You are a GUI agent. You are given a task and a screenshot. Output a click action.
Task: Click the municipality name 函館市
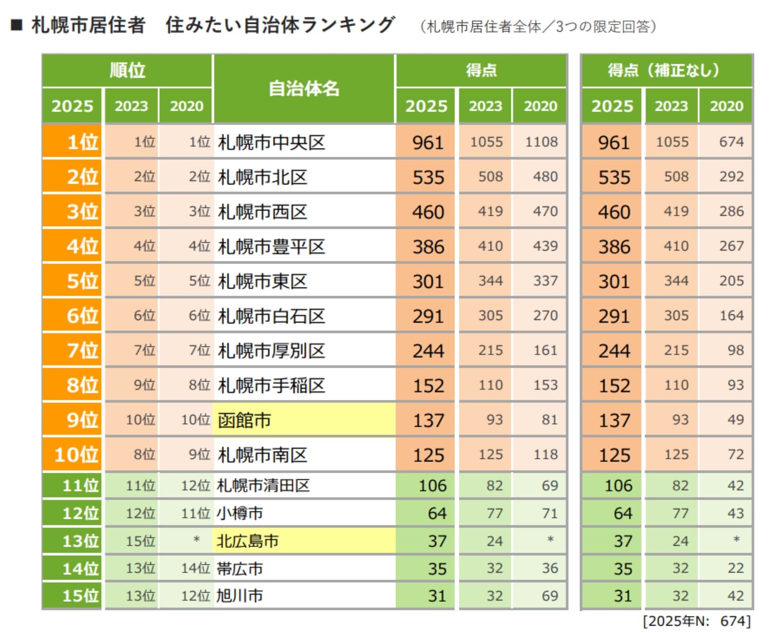[244, 420]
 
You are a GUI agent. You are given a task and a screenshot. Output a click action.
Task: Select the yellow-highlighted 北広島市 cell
[303, 540]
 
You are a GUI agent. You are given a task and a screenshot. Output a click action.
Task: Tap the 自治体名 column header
[304, 89]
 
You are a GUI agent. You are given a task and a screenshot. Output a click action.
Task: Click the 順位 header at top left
[127, 70]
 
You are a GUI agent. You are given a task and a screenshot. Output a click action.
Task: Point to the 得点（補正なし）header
[666, 70]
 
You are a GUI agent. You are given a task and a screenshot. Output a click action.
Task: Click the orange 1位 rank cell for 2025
[72, 142]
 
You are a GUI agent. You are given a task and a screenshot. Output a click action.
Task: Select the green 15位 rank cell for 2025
[72, 596]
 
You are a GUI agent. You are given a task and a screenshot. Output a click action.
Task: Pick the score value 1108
[541, 142]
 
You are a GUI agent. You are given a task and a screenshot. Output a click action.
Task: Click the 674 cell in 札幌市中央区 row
[731, 142]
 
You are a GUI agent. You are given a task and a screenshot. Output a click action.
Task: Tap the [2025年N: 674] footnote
[697, 621]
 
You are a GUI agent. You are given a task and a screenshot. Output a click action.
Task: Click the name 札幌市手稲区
[271, 386]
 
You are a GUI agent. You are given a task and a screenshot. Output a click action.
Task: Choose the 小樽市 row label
[240, 513]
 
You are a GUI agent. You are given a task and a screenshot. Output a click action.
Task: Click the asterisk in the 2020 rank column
[197, 539]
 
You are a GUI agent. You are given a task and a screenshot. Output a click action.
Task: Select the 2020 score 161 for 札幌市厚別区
[545, 350]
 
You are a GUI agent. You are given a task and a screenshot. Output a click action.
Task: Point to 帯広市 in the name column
[240, 569]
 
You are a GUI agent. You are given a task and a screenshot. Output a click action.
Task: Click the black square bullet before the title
[17, 25]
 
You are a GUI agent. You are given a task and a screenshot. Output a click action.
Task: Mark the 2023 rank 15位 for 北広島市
[141, 541]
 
